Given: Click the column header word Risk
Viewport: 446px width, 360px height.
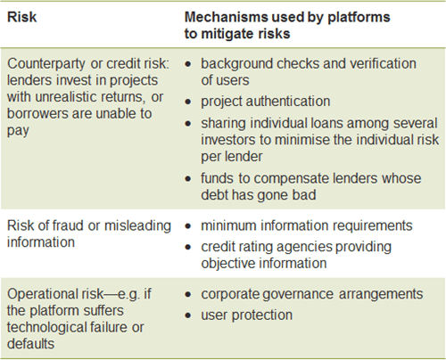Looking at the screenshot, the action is [22, 17].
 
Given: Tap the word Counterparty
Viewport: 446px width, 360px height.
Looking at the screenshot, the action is [46, 64].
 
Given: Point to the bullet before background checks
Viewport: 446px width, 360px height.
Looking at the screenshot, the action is [188, 64].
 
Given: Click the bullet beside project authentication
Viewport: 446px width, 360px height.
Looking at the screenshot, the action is [188, 102].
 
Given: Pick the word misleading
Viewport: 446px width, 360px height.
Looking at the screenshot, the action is [137, 226].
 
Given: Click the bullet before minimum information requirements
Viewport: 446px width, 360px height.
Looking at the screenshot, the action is [188, 226].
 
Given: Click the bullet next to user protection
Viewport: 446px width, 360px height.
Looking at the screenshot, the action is [188, 315].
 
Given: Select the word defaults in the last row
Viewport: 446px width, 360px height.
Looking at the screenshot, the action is [30, 344].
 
